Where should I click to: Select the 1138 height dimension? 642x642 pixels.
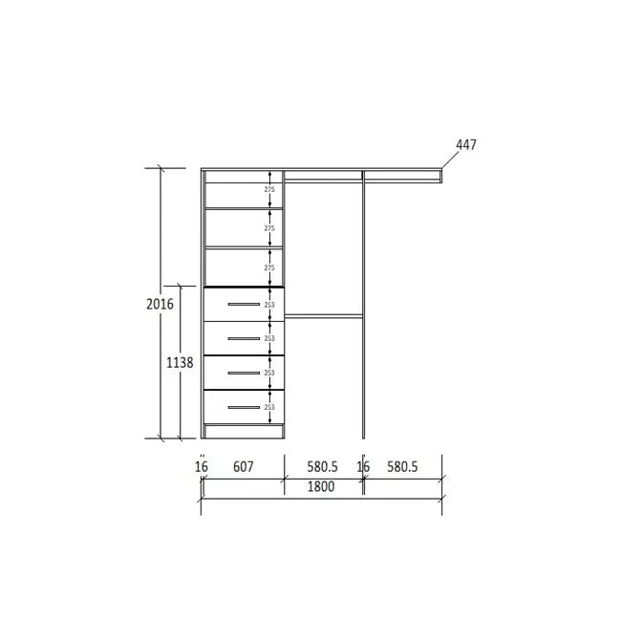pos(179,363)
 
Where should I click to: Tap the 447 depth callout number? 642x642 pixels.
pos(465,145)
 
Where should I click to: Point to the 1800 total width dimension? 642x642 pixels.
pos(320,486)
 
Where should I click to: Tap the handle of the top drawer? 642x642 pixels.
pos(244,305)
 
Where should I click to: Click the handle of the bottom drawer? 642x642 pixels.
pos(244,408)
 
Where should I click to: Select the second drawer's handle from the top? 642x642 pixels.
pos(244,339)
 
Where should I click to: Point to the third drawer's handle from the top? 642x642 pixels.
pos(244,374)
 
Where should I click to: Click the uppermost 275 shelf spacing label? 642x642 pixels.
pos(269,190)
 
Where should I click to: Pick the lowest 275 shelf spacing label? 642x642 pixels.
pos(269,268)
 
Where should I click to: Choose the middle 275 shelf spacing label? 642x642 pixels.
pos(269,229)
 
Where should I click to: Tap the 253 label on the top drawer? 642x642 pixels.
pos(269,305)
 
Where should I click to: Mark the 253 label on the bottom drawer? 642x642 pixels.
pos(269,408)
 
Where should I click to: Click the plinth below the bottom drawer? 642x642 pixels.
pos(244,432)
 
